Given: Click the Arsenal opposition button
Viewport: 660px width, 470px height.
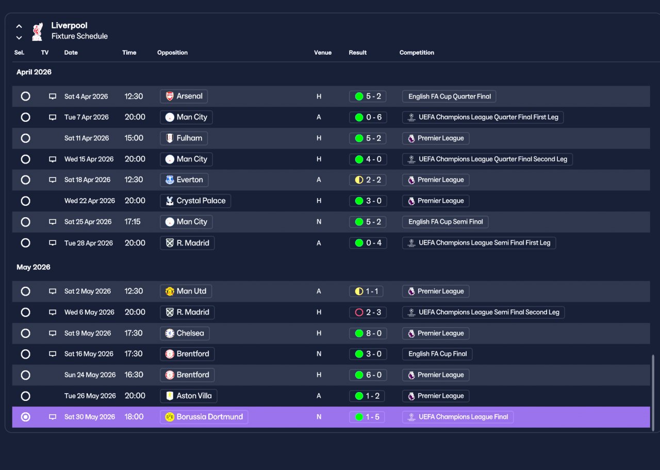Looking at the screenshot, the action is (x=184, y=96).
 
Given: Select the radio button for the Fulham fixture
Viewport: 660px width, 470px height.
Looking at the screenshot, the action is (x=26, y=138).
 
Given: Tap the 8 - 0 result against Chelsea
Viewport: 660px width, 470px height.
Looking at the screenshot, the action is (x=368, y=333).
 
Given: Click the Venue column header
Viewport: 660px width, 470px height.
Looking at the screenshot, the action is (x=323, y=53).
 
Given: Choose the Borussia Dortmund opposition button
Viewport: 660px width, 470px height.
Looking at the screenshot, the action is (x=204, y=417).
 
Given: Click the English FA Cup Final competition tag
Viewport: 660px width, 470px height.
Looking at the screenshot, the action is (x=437, y=354).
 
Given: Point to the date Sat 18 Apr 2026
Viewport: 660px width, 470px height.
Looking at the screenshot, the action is (x=88, y=180).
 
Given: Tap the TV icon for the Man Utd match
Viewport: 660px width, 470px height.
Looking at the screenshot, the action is (x=53, y=291).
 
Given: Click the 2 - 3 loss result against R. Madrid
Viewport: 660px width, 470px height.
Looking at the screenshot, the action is (x=368, y=312).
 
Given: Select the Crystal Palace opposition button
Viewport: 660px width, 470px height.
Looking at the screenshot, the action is (x=195, y=201).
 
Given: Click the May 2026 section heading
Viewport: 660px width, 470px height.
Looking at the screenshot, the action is (x=34, y=267).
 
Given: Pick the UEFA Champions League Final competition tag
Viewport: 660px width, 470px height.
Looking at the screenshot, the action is (x=458, y=417).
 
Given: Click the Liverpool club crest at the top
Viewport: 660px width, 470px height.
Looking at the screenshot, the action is (x=38, y=31).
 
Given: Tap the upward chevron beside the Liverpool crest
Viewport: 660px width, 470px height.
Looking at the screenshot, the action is (x=19, y=26).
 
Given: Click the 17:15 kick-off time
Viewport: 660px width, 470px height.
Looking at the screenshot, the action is (x=133, y=222).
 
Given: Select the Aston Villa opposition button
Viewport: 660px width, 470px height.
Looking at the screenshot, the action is (x=189, y=396).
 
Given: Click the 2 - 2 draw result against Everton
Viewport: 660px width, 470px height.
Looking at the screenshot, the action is (x=368, y=180).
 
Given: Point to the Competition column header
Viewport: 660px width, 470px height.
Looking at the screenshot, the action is (x=417, y=53).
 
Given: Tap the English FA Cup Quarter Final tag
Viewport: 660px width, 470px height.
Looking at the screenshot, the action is (x=449, y=96).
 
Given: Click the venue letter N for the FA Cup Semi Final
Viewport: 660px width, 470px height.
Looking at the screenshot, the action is (x=319, y=222).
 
